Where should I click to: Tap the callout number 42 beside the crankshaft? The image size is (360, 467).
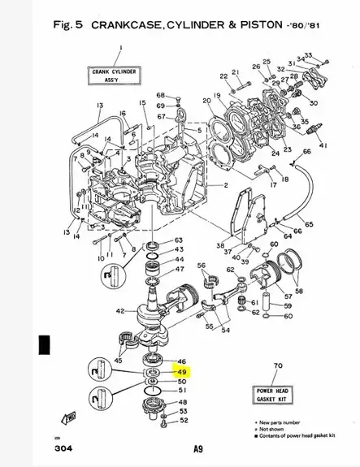pos(120,311)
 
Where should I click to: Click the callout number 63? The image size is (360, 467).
pos(179,240)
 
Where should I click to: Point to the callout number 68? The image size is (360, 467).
pos(161,95)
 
